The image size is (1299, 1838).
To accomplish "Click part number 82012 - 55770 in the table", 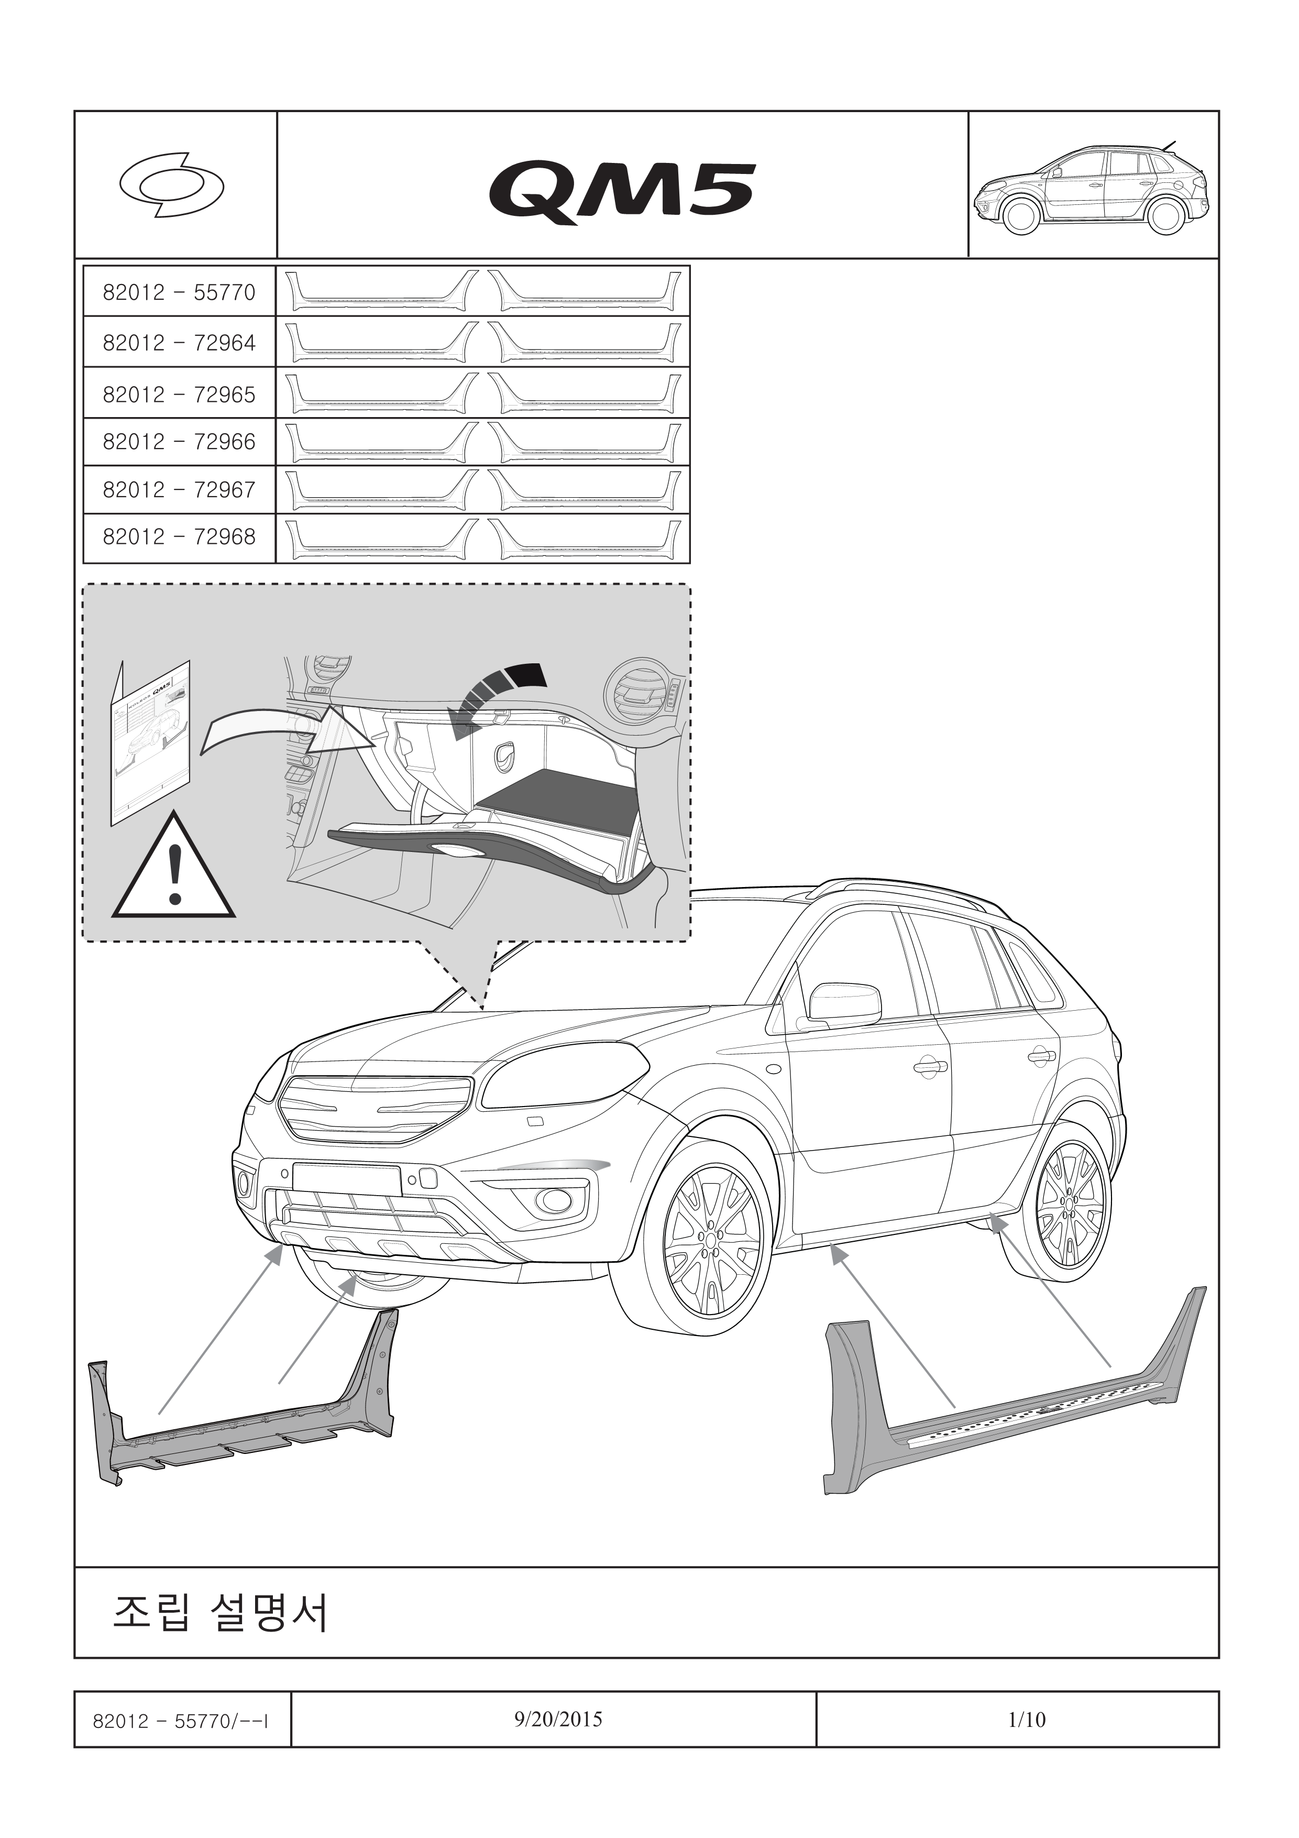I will tap(179, 292).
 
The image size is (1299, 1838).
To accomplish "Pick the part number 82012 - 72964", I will tap(179, 343).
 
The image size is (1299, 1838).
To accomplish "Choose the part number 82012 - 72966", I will tap(179, 442).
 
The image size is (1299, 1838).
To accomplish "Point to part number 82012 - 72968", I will tap(179, 537).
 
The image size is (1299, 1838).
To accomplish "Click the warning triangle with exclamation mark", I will tap(174, 869).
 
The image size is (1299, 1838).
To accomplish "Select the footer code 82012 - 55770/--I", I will tap(180, 1720).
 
